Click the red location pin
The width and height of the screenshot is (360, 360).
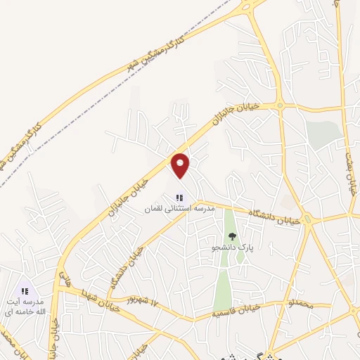point(181,165)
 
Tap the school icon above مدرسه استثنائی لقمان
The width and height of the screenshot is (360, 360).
point(179,198)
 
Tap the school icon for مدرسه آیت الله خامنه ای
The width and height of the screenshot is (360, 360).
point(25,290)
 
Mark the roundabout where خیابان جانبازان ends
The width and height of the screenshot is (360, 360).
point(281,106)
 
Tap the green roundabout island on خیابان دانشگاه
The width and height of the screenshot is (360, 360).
point(307,219)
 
